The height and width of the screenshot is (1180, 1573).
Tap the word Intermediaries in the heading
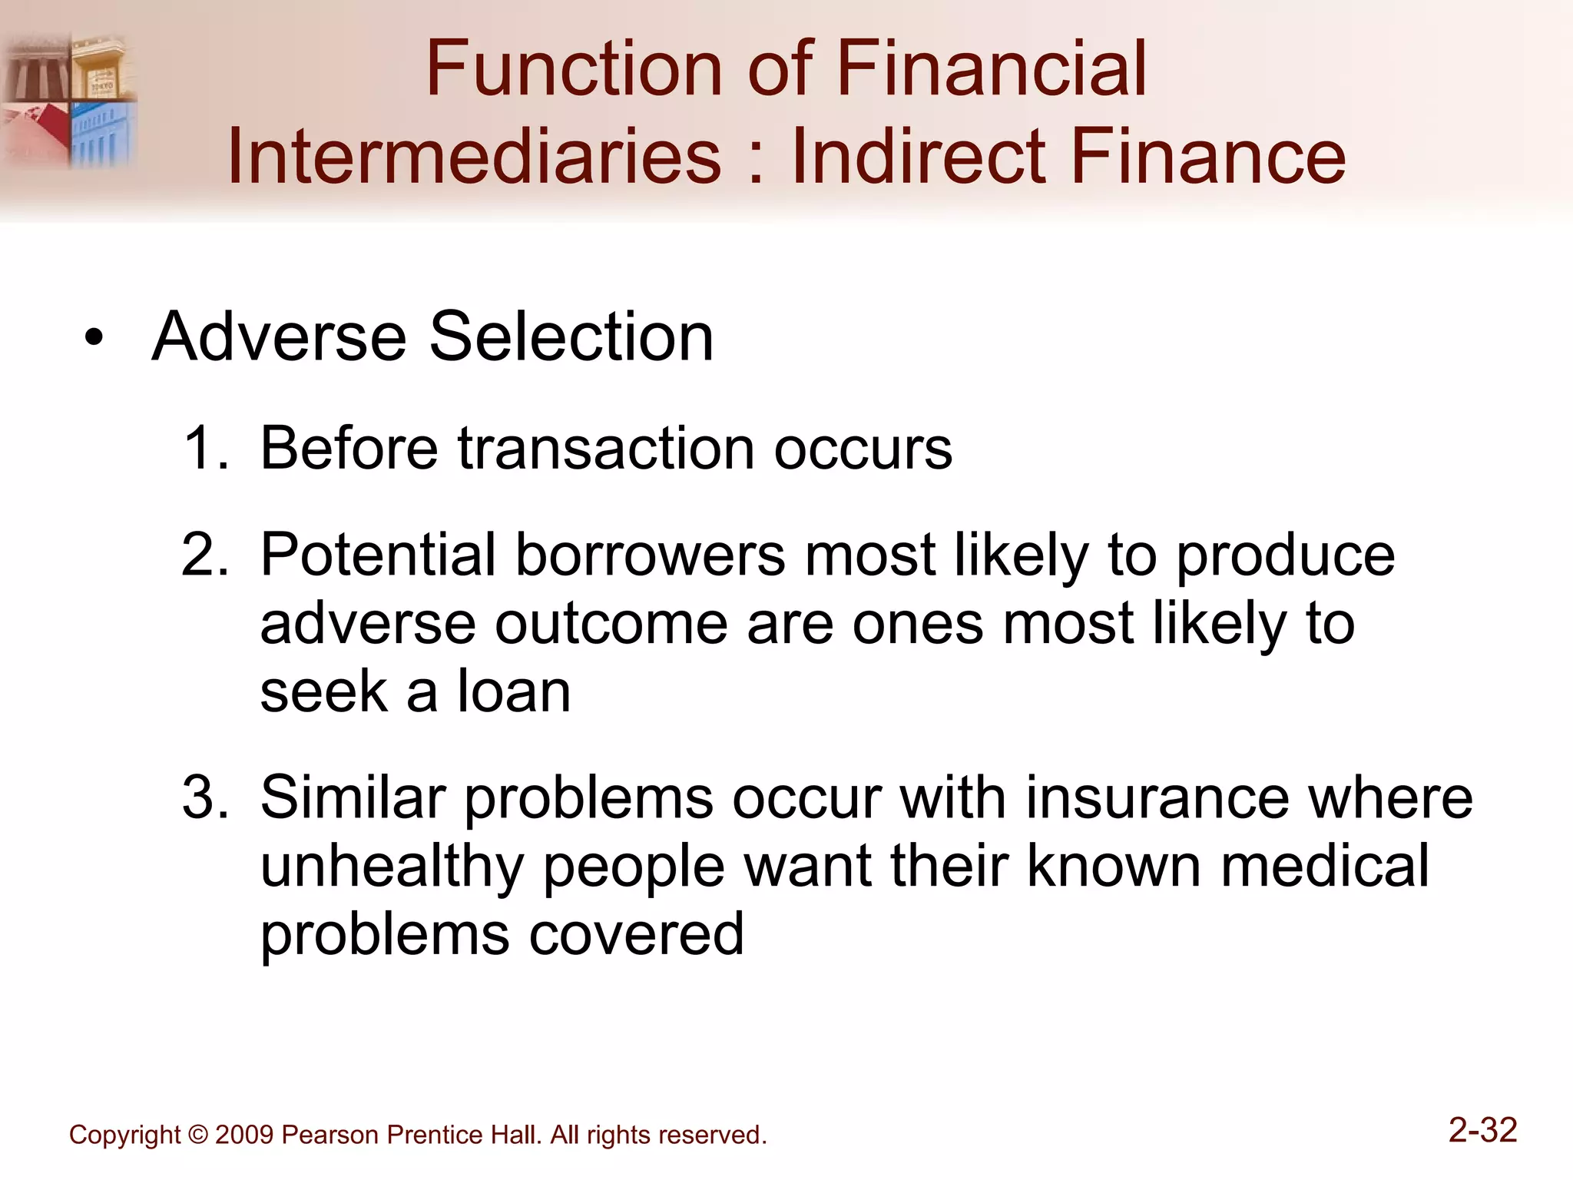coord(474,157)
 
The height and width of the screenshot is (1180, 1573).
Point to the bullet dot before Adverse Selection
coord(94,338)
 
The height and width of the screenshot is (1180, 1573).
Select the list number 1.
coord(203,448)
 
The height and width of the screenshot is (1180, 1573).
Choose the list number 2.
coord(203,554)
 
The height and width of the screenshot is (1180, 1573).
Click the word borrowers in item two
coord(650,554)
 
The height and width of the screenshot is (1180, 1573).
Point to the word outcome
coord(611,623)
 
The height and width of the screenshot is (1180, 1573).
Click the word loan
coord(514,691)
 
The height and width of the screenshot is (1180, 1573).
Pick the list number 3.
coord(203,797)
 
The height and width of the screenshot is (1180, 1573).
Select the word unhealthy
coord(392,867)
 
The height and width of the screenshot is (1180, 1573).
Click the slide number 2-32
coord(1482,1130)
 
